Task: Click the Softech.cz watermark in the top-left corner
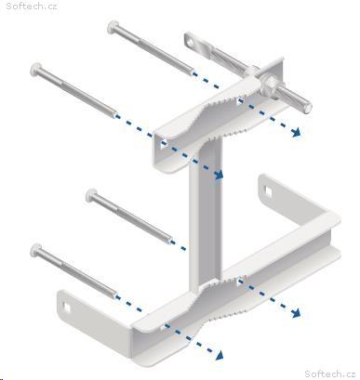click(32, 6)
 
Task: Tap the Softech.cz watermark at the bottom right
click(329, 373)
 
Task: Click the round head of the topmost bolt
click(113, 27)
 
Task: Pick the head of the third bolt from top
click(91, 195)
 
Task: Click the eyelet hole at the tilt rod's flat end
click(190, 40)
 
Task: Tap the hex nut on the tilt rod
click(269, 84)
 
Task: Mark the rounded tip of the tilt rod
click(308, 108)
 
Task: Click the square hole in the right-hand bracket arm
click(268, 190)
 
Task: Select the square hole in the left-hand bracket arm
click(67, 307)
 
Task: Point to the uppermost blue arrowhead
click(296, 132)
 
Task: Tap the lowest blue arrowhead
click(219, 355)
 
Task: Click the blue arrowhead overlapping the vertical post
click(218, 174)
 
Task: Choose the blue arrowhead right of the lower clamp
click(296, 313)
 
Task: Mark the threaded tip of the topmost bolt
click(192, 72)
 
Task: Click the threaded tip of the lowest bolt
click(114, 296)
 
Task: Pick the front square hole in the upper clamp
click(163, 144)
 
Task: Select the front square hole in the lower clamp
click(163, 326)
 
